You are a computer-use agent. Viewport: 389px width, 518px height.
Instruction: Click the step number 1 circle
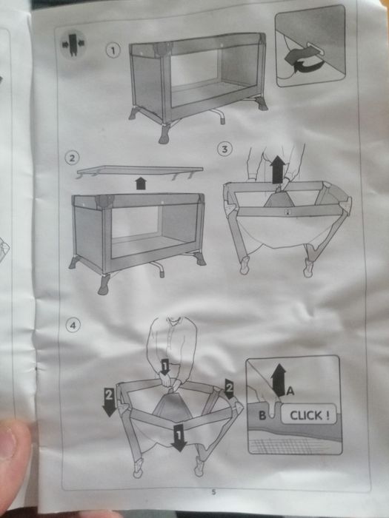(113, 50)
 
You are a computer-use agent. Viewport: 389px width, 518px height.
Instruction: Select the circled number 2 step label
(71, 158)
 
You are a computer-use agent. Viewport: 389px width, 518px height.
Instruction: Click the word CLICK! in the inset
(306, 415)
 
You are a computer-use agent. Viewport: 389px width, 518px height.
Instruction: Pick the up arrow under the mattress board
(141, 183)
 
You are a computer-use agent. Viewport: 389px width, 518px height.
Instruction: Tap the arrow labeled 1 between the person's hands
(166, 366)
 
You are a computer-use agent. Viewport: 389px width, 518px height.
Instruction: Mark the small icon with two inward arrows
(73, 42)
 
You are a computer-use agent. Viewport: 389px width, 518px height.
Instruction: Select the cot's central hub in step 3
(279, 200)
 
